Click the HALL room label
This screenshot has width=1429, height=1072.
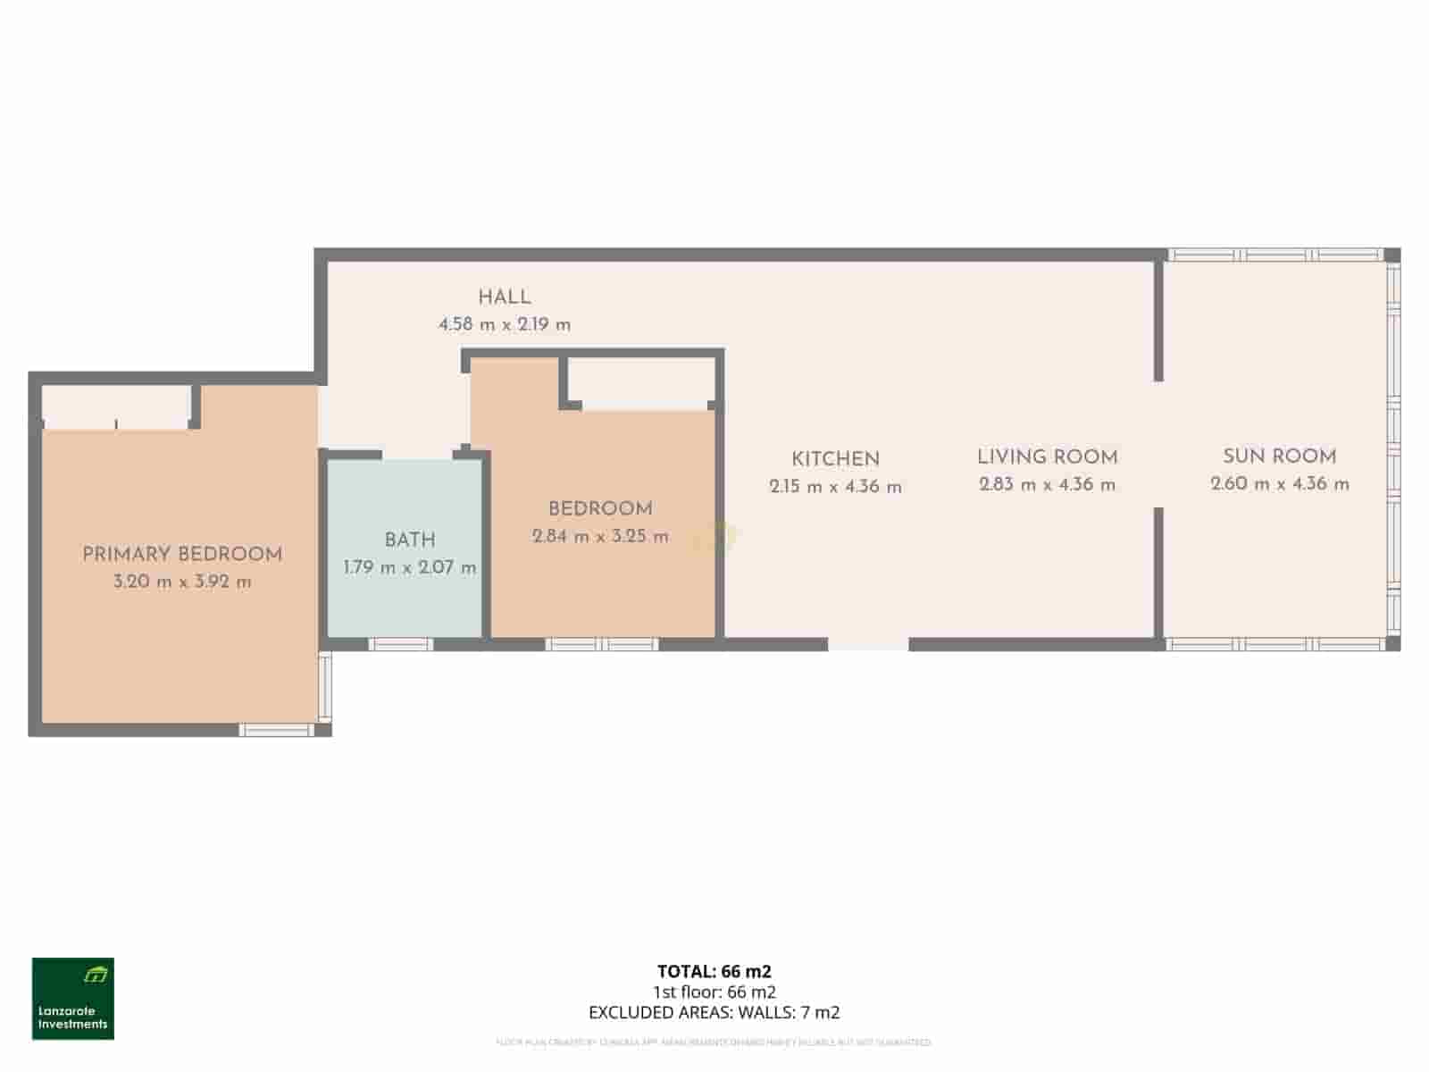pos(504,297)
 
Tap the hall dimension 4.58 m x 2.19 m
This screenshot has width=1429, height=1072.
pos(504,324)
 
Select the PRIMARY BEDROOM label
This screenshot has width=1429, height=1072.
pos(182,554)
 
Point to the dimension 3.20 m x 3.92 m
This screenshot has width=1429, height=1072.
pos(182,582)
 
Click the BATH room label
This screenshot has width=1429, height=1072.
pos(410,540)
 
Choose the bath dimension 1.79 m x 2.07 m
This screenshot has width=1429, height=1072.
pos(410,567)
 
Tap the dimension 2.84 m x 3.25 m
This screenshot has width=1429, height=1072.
pos(600,537)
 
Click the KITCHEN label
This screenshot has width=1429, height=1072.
pos(835,459)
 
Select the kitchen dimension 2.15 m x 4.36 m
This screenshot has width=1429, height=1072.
pos(835,487)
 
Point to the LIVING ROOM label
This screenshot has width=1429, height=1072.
pos(1047,457)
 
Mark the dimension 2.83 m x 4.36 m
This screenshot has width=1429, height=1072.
pos(1047,485)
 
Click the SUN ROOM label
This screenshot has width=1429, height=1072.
pos(1280,456)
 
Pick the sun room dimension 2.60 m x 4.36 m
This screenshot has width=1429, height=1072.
pos(1280,484)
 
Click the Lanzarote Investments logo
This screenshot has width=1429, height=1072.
pos(73,999)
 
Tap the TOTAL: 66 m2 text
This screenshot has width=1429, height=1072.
pos(714,971)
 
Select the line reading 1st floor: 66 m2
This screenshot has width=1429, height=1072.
pos(714,992)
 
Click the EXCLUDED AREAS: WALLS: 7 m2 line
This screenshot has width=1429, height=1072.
pos(714,1012)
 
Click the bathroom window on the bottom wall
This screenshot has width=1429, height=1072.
pos(400,644)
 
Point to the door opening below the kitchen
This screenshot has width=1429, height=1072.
pos(868,644)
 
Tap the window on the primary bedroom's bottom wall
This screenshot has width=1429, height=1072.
pos(277,731)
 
